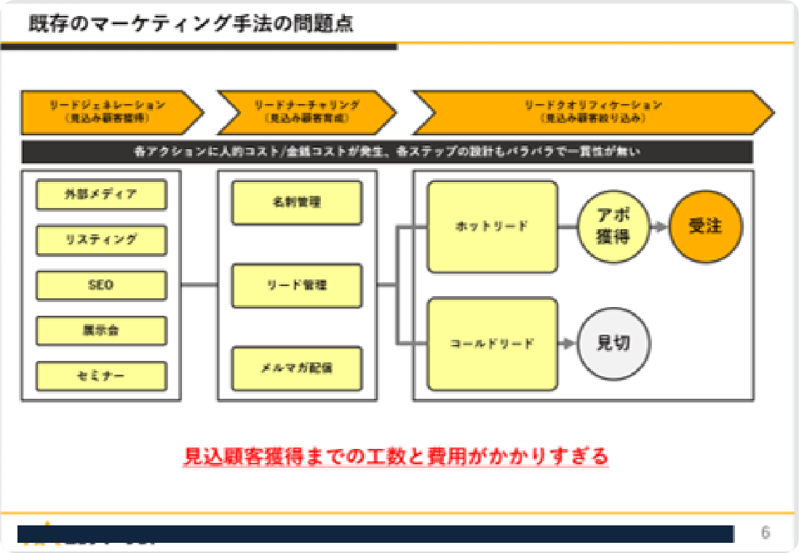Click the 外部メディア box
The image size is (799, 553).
click(101, 194)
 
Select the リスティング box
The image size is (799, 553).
click(101, 239)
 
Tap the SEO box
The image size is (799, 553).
click(101, 285)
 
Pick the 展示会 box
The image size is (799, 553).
click(101, 330)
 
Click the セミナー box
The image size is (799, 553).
click(101, 375)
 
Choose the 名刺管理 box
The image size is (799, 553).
click(297, 202)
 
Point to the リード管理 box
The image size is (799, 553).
click(297, 285)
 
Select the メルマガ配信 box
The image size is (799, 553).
click(297, 368)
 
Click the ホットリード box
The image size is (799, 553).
click(492, 227)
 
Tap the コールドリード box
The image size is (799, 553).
click(492, 343)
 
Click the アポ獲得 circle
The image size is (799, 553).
click(613, 227)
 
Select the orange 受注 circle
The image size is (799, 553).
click(705, 227)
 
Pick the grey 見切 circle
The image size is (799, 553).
click(613, 343)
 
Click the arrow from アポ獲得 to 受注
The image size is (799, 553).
click(659, 227)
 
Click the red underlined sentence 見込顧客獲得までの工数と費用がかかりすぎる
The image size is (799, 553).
click(396, 457)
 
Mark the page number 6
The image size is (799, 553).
click(766, 533)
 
